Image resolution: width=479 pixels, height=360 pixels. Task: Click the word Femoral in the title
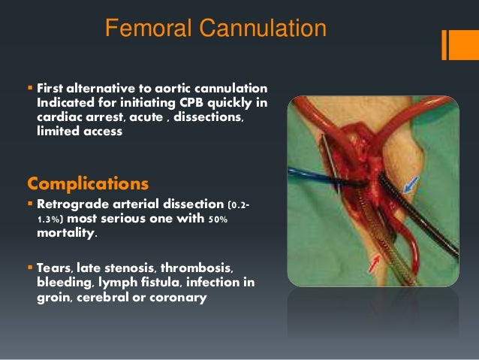tap(148, 29)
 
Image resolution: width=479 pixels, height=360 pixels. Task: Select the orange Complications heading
tap(87, 183)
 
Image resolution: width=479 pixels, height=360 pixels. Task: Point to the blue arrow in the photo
tap(409, 183)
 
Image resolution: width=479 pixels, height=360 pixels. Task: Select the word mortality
tap(67, 233)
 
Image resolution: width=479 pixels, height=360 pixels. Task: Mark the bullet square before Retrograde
tap(30, 204)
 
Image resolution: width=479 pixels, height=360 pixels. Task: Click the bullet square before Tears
tap(30, 269)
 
